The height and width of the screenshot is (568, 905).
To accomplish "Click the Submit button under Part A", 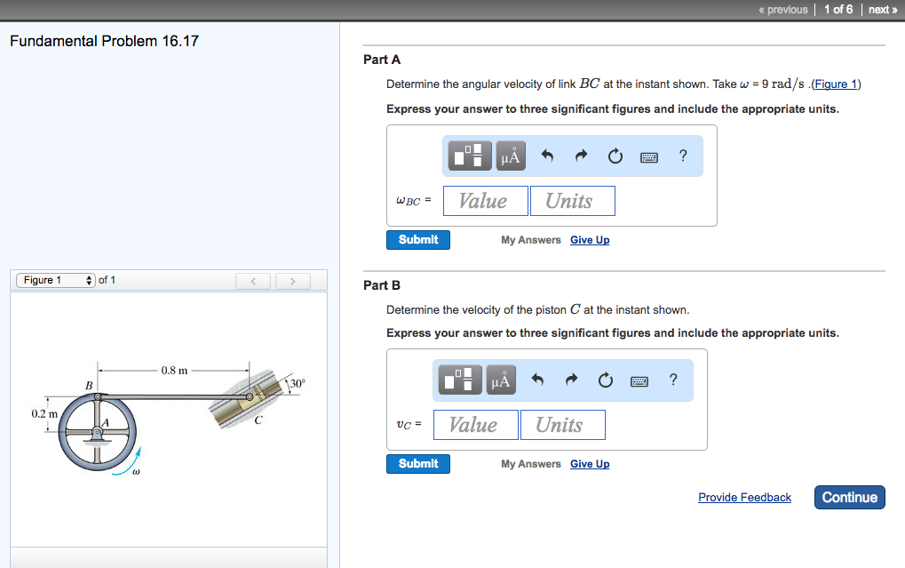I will (417, 240).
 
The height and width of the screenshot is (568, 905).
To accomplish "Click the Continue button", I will (849, 498).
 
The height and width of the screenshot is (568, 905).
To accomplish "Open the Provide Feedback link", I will (744, 498).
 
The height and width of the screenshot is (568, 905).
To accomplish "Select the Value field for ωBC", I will (483, 201).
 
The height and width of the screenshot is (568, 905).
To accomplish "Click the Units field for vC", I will (562, 425).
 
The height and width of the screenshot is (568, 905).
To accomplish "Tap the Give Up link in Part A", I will (590, 240).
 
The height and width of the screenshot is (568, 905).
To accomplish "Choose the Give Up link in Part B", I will (590, 464).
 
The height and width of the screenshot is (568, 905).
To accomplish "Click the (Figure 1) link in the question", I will (836, 84).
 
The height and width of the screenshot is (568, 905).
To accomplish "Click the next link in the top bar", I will (881, 10).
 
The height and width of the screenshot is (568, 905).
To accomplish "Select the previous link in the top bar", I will (782, 10).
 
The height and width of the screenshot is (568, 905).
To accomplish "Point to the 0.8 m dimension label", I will (174, 370).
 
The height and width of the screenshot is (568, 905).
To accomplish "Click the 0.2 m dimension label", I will (43, 414).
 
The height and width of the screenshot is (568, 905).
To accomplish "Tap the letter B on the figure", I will (88, 385).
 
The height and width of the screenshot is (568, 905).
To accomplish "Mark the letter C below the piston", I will (258, 420).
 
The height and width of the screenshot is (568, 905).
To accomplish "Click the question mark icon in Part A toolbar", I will (682, 156).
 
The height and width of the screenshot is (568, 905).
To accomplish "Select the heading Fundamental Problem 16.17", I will (104, 42).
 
